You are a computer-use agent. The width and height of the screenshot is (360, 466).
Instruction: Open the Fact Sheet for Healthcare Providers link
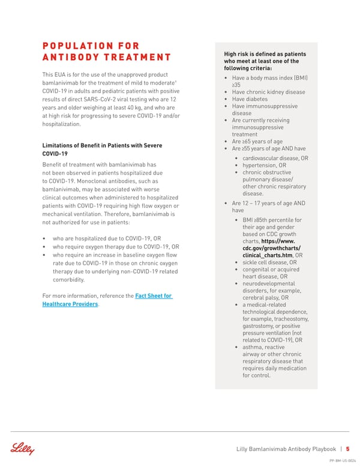pos(107,300)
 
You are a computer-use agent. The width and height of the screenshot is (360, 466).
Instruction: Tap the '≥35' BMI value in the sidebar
pos(236,85)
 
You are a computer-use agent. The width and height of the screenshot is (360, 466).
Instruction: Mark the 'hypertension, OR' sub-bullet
pos(265,165)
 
